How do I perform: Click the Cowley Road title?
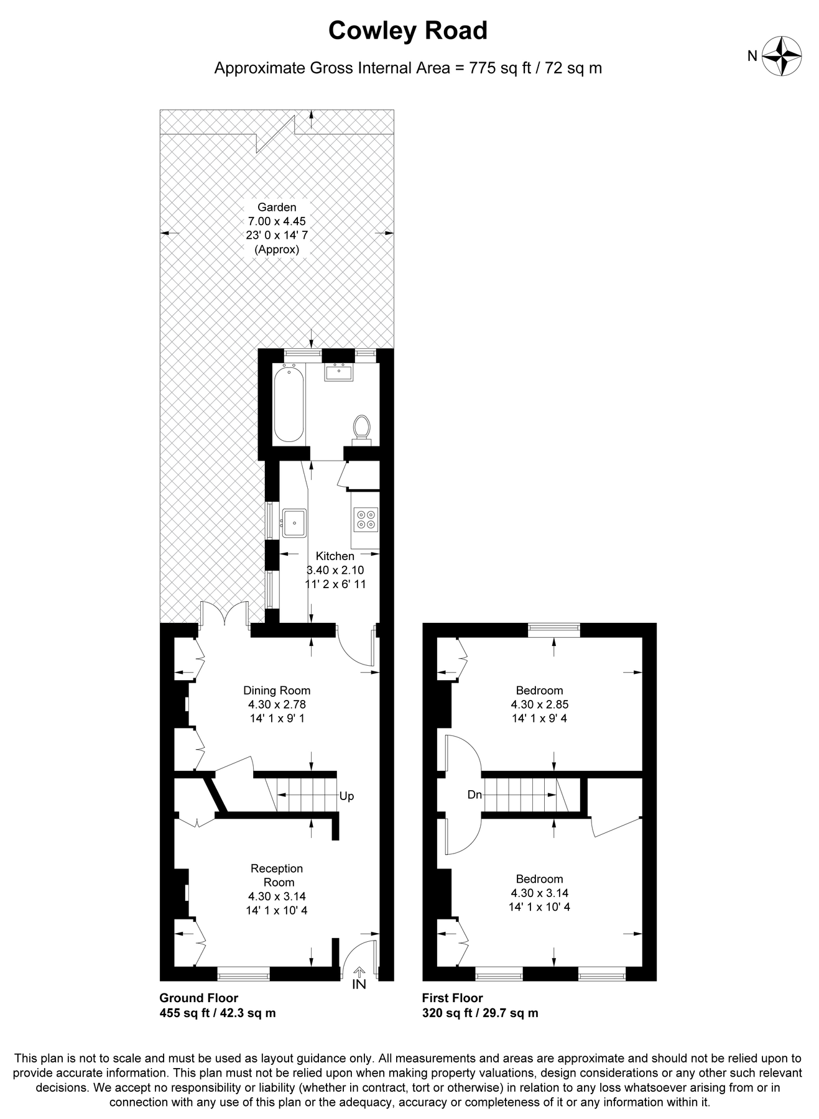coord(408,30)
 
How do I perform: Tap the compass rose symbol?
coord(782,57)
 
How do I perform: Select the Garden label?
coord(277,207)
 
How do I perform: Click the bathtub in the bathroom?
coord(289,404)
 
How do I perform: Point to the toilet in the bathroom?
coord(361,428)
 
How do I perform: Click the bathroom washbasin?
coord(338,372)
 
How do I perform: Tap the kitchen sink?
coord(294,522)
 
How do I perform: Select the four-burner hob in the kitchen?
coord(366,519)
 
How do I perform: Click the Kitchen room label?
coord(335,556)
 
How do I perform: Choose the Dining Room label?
coord(277,690)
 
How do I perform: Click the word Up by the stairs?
coord(346,796)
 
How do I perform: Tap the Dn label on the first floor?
coord(475,794)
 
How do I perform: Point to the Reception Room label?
coord(277,875)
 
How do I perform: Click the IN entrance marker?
coord(359,984)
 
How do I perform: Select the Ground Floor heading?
coord(198,998)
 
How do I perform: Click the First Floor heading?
coord(452,998)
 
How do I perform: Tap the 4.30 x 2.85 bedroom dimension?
coord(539,704)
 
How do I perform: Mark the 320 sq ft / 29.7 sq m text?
coord(480,1013)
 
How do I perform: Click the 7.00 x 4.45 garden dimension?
coord(277,221)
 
